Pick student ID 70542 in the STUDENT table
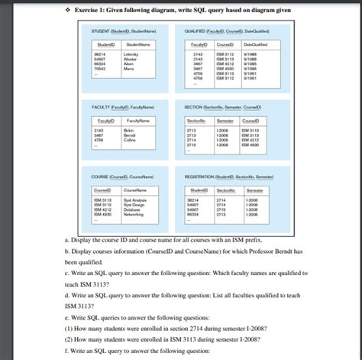[100, 69]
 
